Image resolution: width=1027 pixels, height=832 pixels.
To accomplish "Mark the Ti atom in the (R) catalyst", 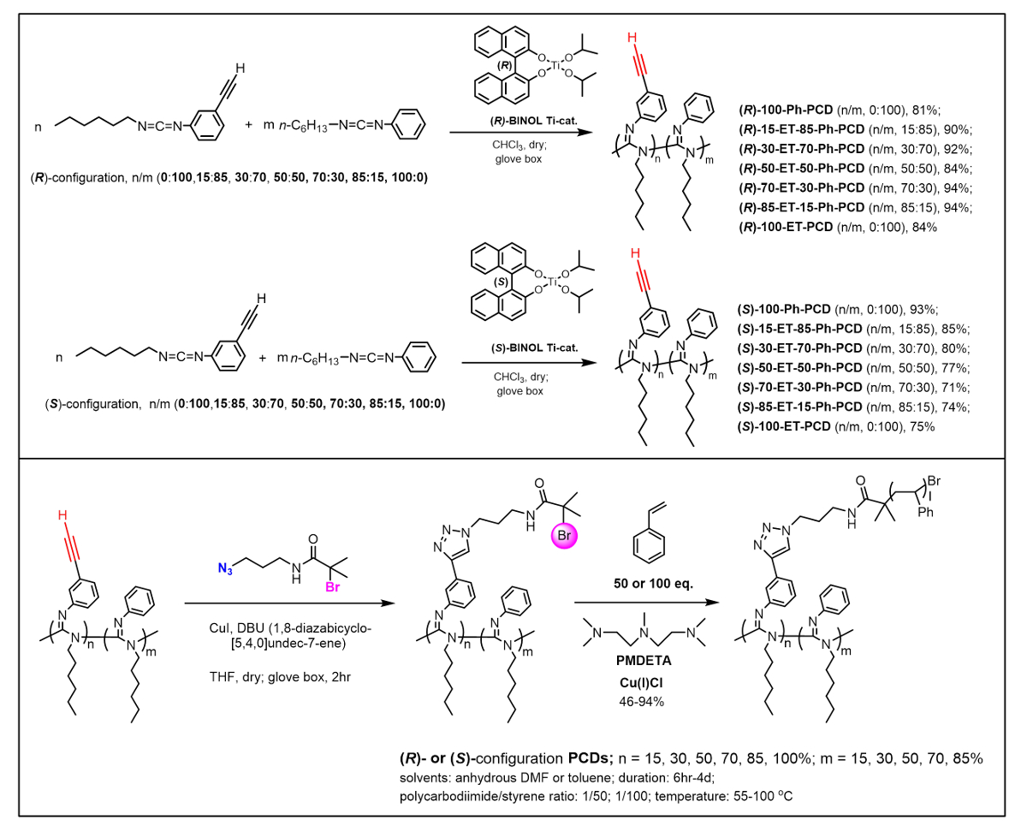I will (x=558, y=65).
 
